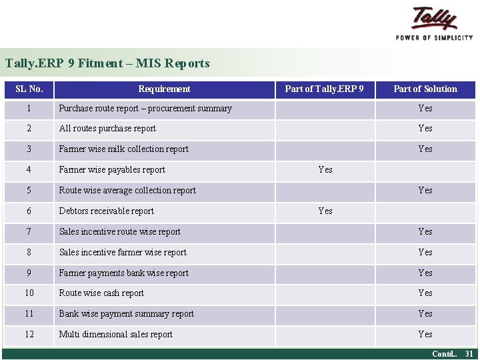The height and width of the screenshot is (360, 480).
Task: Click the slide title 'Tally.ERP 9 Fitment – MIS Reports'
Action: pyautogui.click(x=107, y=64)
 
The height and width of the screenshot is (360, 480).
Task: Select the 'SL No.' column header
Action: pyautogui.click(x=29, y=89)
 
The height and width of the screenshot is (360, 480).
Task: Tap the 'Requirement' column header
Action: pyautogui.click(x=164, y=89)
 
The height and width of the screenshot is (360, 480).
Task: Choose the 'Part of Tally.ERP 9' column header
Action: pyautogui.click(x=324, y=89)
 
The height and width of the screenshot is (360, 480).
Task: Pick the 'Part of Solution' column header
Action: pyautogui.click(x=425, y=89)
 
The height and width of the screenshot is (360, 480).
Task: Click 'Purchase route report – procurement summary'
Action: pyautogui.click(x=145, y=109)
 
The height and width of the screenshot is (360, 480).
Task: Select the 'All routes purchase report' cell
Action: pyautogui.click(x=107, y=129)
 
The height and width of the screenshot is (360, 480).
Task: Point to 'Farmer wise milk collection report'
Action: pyautogui.click(x=123, y=149)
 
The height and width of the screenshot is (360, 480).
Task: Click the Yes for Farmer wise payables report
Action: pyautogui.click(x=325, y=170)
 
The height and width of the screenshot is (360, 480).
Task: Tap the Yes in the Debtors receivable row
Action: pyautogui.click(x=325, y=211)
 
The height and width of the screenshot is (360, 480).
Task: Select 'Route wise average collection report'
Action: pyautogui.click(x=127, y=191)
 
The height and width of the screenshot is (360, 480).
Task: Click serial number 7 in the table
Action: pyautogui.click(x=29, y=232)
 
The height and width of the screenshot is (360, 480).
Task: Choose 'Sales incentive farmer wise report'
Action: pyautogui.click(x=123, y=253)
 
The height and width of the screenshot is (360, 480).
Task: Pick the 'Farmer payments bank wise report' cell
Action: pyautogui.click(x=123, y=273)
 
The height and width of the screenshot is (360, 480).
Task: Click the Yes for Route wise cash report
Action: pyautogui.click(x=425, y=293)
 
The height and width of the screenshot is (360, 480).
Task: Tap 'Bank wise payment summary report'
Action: pyautogui.click(x=126, y=314)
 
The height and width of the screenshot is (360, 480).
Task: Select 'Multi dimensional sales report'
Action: pyautogui.click(x=115, y=335)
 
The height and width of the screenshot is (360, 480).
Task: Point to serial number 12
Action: pyautogui.click(x=29, y=335)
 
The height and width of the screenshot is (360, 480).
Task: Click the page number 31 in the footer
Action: pyautogui.click(x=469, y=354)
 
